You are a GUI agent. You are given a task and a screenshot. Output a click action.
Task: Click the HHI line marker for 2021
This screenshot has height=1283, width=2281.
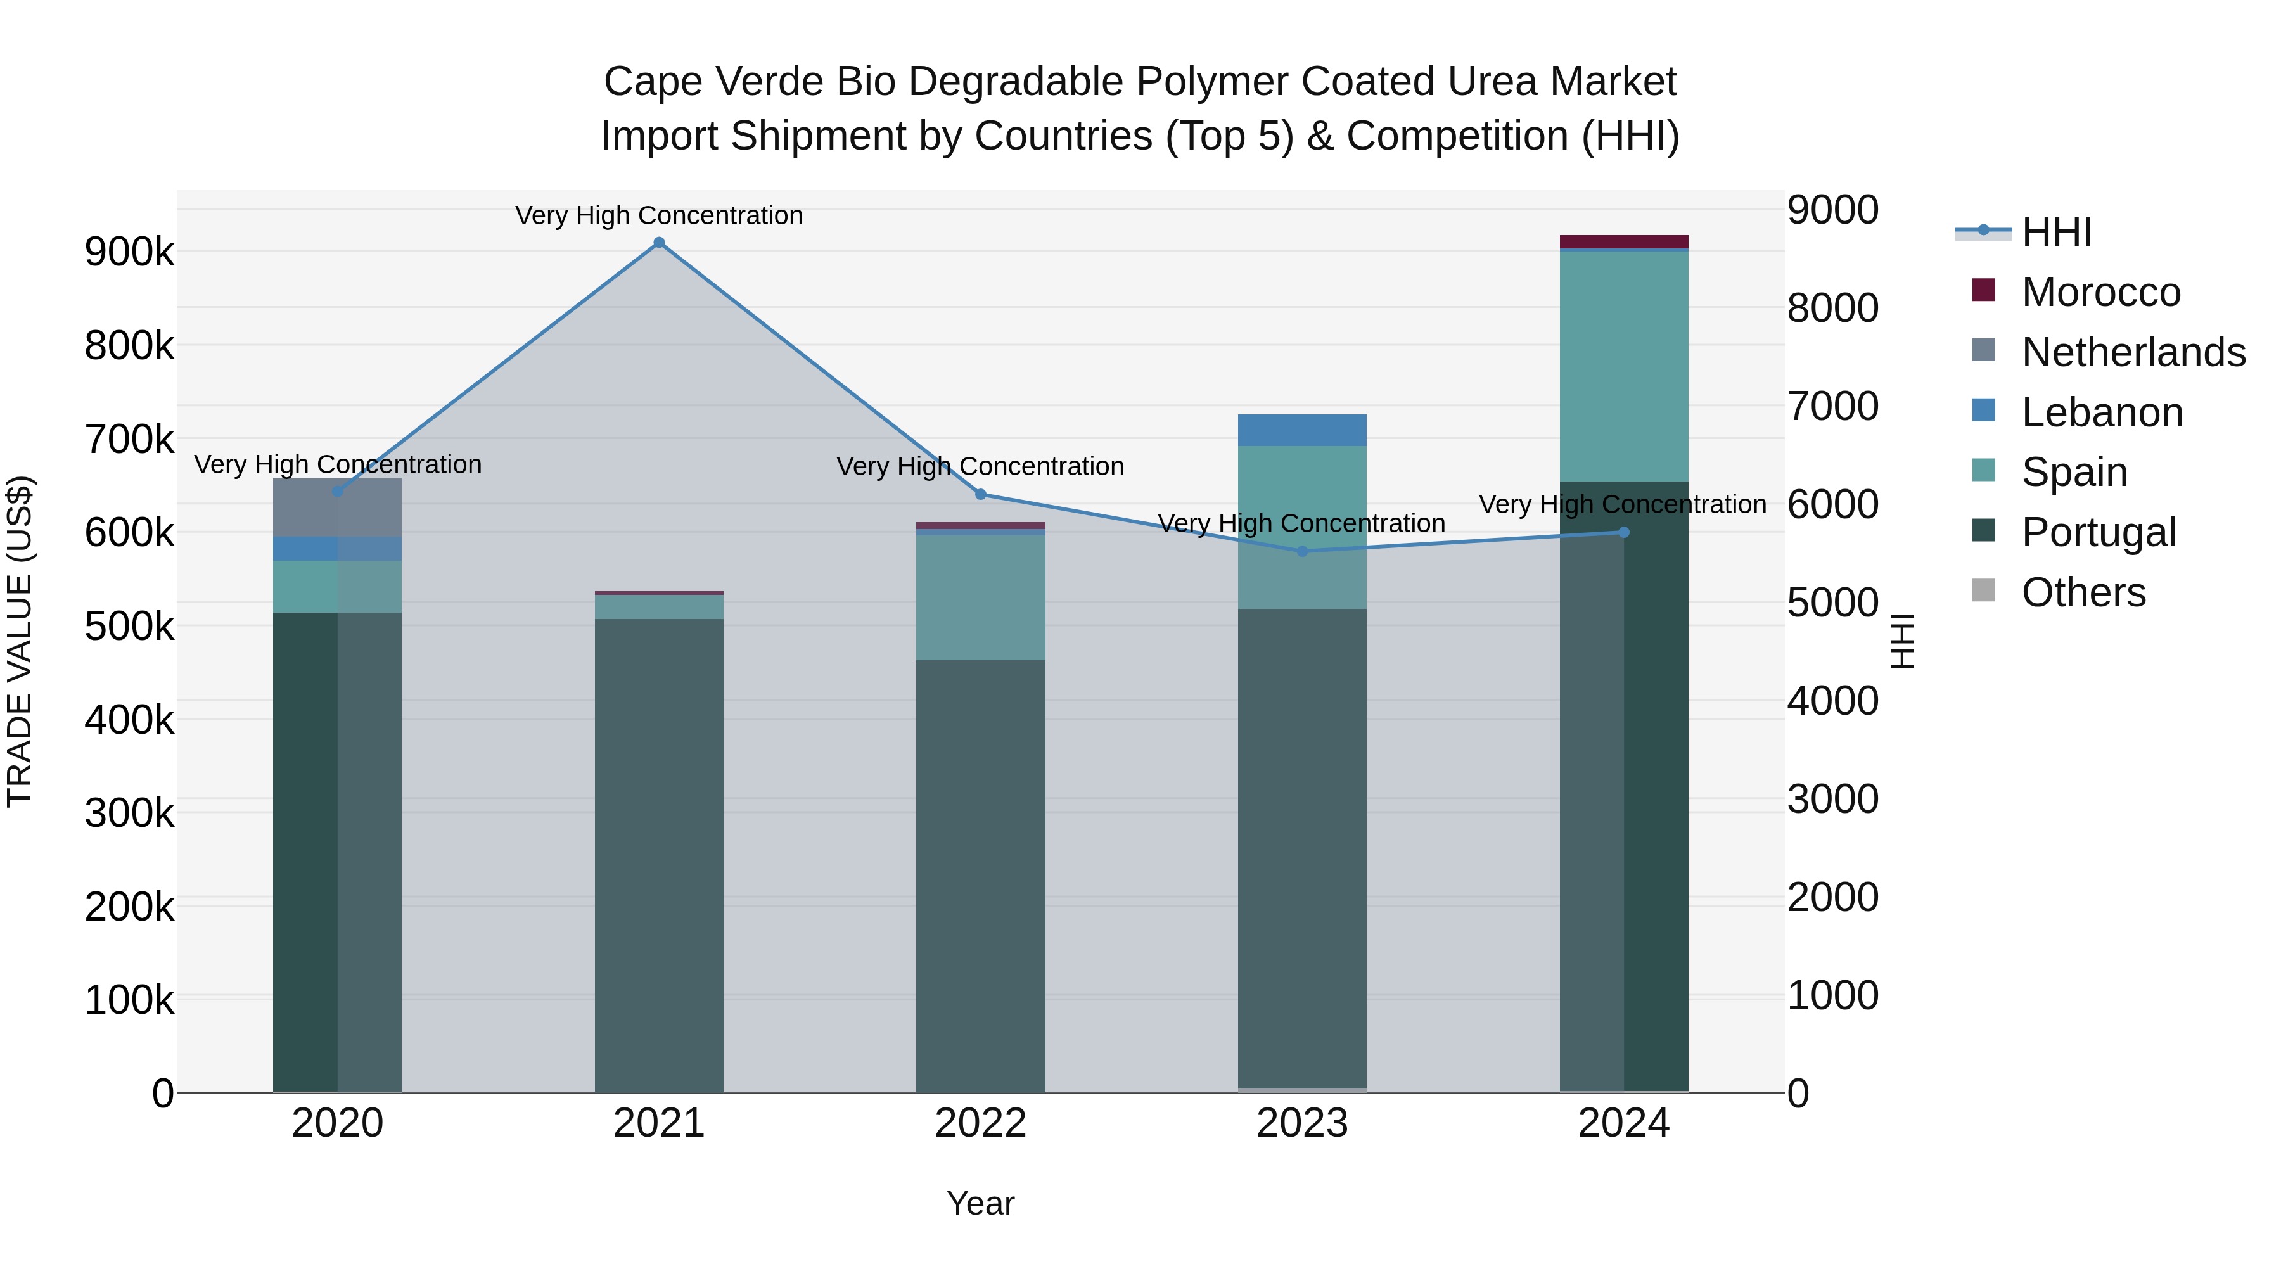coord(659,243)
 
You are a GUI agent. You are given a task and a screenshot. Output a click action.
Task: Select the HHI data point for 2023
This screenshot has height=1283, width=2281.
coord(1301,552)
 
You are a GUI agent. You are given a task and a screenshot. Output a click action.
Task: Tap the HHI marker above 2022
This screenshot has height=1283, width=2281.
coord(980,494)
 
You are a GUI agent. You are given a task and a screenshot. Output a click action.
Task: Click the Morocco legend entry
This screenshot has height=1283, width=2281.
coord(2100,292)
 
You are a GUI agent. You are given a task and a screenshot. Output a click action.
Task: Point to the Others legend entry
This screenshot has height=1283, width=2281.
coord(2083,592)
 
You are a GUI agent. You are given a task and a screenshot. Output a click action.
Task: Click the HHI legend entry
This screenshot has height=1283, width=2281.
coord(2056,232)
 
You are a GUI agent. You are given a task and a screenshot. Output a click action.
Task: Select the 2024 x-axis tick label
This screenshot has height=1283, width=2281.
coord(1623,1123)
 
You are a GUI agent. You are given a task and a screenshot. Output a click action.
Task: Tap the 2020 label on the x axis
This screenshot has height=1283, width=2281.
coord(337,1123)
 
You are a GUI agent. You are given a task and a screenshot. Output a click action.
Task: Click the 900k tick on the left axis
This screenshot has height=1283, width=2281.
coord(129,252)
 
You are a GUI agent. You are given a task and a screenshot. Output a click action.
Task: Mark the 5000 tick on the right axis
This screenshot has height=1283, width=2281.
coord(1832,603)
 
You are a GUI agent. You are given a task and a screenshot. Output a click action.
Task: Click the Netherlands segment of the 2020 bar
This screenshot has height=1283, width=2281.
coord(337,507)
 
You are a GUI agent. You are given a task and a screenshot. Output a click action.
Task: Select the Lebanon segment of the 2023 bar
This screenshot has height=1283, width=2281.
coord(1301,430)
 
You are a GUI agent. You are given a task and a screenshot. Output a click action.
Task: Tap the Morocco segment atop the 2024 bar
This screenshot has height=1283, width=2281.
coord(1623,242)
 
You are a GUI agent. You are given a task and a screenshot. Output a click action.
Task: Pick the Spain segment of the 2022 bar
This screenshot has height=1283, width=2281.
coord(980,597)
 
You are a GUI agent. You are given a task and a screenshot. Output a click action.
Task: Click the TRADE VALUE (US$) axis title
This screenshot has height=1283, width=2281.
coord(20,641)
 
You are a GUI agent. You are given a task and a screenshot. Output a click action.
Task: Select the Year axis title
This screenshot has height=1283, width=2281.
coord(980,1203)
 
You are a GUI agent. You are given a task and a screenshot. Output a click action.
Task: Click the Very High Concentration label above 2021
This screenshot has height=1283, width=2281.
coord(659,215)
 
